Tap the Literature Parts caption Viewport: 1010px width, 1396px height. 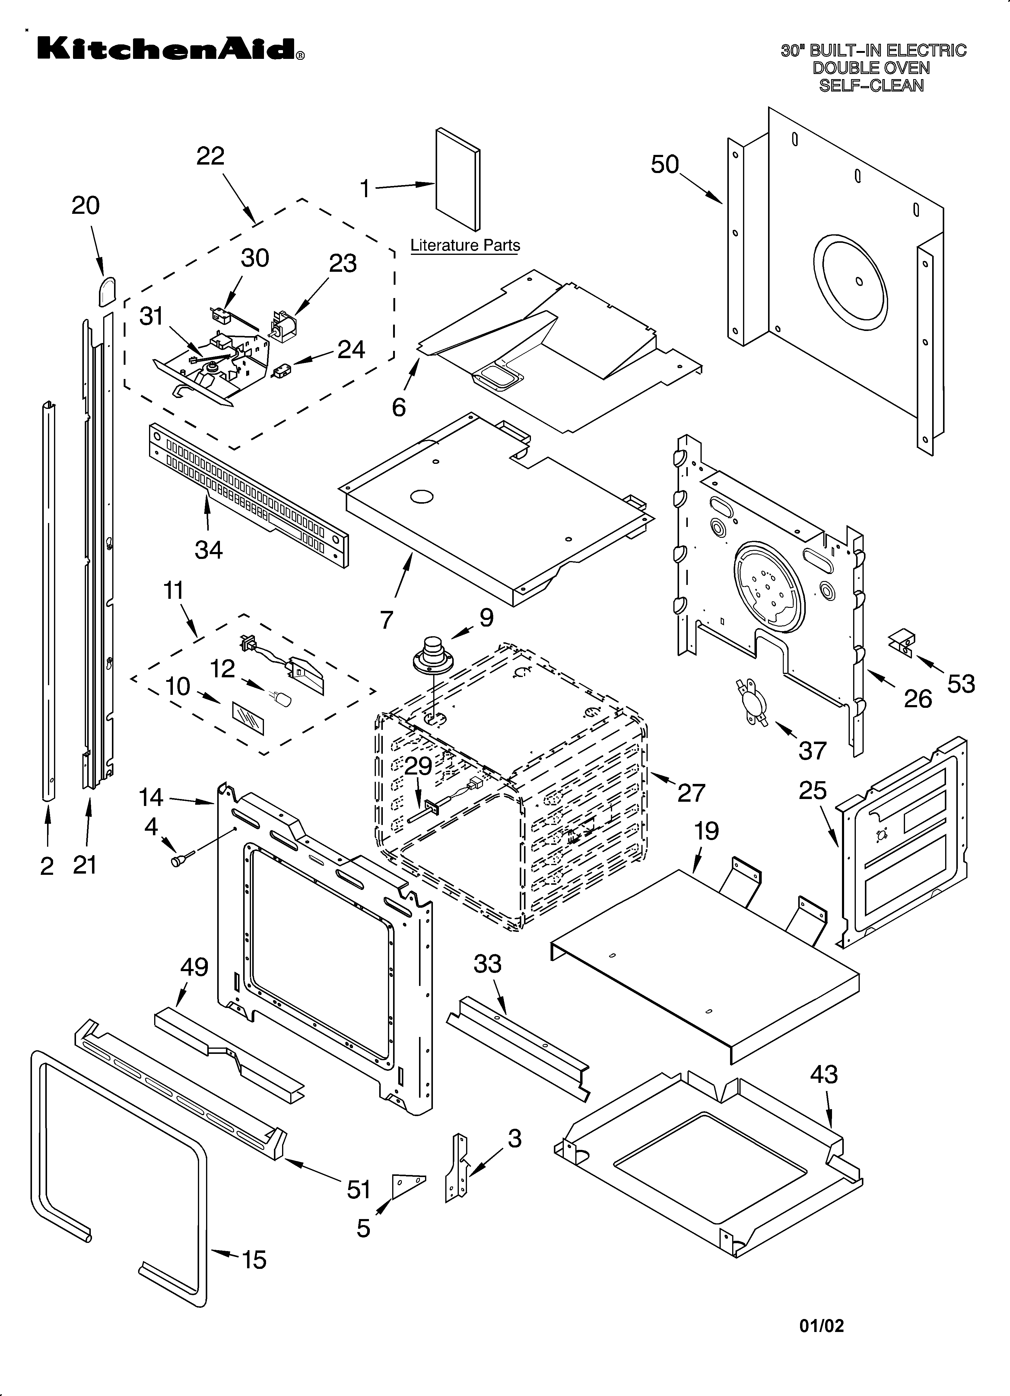pyautogui.click(x=465, y=246)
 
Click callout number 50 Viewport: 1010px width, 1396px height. pyautogui.click(x=665, y=165)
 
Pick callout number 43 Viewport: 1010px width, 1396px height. pyautogui.click(x=824, y=1075)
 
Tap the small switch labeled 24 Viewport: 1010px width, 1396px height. pyautogui.click(x=283, y=372)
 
